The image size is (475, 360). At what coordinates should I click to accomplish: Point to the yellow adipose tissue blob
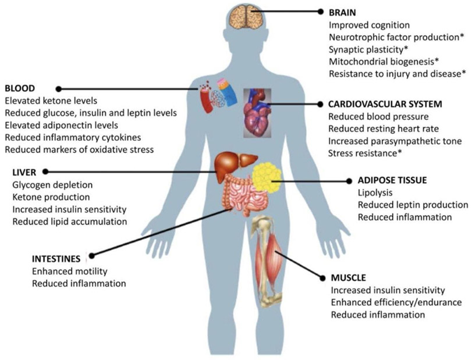[x=267, y=177]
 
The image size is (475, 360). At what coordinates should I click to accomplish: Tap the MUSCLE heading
[x=348, y=277]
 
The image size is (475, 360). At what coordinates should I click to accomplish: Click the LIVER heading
[x=24, y=172]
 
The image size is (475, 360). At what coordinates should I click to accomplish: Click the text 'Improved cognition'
[x=369, y=25]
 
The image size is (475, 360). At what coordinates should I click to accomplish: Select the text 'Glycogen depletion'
[x=51, y=184]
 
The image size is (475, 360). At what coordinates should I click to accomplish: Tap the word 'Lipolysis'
[x=374, y=193]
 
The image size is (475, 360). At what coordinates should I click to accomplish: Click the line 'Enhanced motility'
[x=70, y=271]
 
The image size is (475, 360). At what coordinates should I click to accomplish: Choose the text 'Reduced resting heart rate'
[x=384, y=129]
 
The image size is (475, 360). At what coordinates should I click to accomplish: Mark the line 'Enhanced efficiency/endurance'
[x=396, y=302]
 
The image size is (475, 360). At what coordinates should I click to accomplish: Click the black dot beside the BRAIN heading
[x=320, y=12]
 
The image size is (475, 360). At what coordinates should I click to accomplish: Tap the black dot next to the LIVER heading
[x=45, y=172]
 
